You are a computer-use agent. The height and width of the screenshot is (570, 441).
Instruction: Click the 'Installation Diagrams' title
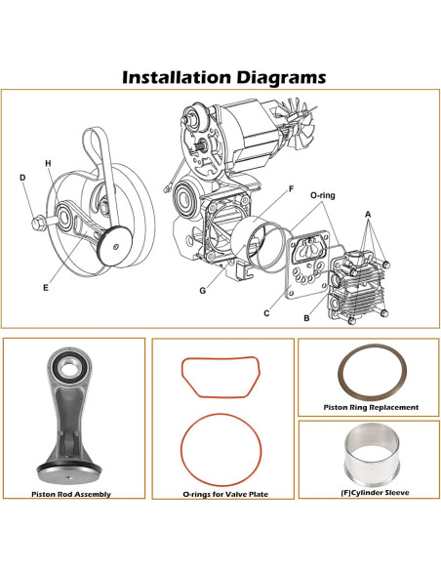(220, 77)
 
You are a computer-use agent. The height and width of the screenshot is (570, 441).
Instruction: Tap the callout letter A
(369, 213)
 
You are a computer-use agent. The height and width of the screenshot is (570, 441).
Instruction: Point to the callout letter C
(266, 313)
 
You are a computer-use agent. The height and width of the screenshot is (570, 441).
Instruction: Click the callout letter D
(22, 178)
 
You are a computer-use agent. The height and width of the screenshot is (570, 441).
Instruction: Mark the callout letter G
(203, 291)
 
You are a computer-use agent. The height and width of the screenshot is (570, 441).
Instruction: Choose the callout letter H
(47, 162)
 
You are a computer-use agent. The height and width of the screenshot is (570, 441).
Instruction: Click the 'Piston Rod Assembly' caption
(73, 495)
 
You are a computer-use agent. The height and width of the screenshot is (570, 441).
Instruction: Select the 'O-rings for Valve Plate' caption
(224, 495)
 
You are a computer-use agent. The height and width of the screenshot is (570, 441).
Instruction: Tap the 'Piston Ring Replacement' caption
(370, 407)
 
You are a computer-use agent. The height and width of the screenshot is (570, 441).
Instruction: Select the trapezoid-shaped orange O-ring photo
(221, 377)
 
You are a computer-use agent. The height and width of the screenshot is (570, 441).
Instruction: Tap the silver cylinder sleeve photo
(370, 458)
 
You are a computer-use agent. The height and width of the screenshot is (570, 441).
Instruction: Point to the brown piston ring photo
(370, 372)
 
